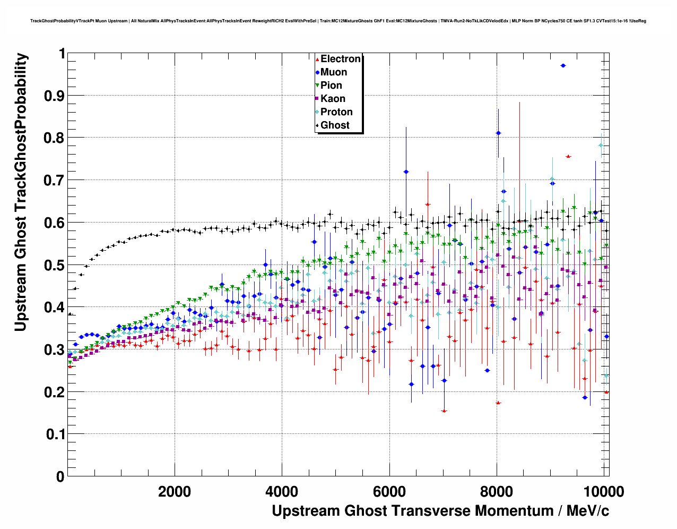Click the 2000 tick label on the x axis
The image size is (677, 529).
(x=175, y=491)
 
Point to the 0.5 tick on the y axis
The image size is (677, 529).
(x=56, y=265)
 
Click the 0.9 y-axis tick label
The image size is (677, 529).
(x=56, y=96)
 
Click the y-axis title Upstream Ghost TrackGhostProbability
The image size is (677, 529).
(x=21, y=192)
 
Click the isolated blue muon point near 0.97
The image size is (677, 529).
(x=563, y=65)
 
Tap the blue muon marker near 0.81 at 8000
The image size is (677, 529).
(x=498, y=133)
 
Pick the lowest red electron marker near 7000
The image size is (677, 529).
(x=444, y=411)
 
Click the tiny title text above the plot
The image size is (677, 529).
(x=338, y=21)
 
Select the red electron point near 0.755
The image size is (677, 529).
(x=568, y=156)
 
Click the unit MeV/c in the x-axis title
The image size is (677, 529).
(x=588, y=511)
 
